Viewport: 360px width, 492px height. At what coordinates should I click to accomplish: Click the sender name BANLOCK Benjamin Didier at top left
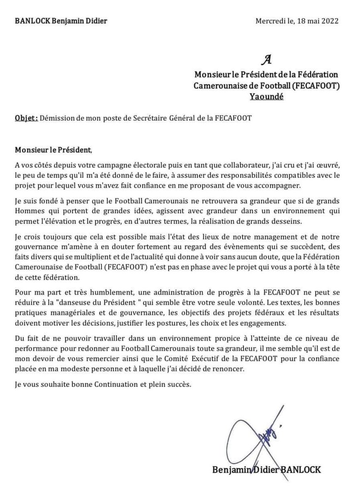pos(61,21)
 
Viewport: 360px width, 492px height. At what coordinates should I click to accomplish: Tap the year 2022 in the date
pos(330,21)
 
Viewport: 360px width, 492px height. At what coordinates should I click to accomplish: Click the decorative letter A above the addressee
pos(266,60)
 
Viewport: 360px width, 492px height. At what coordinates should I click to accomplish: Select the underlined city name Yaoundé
pos(266,97)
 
